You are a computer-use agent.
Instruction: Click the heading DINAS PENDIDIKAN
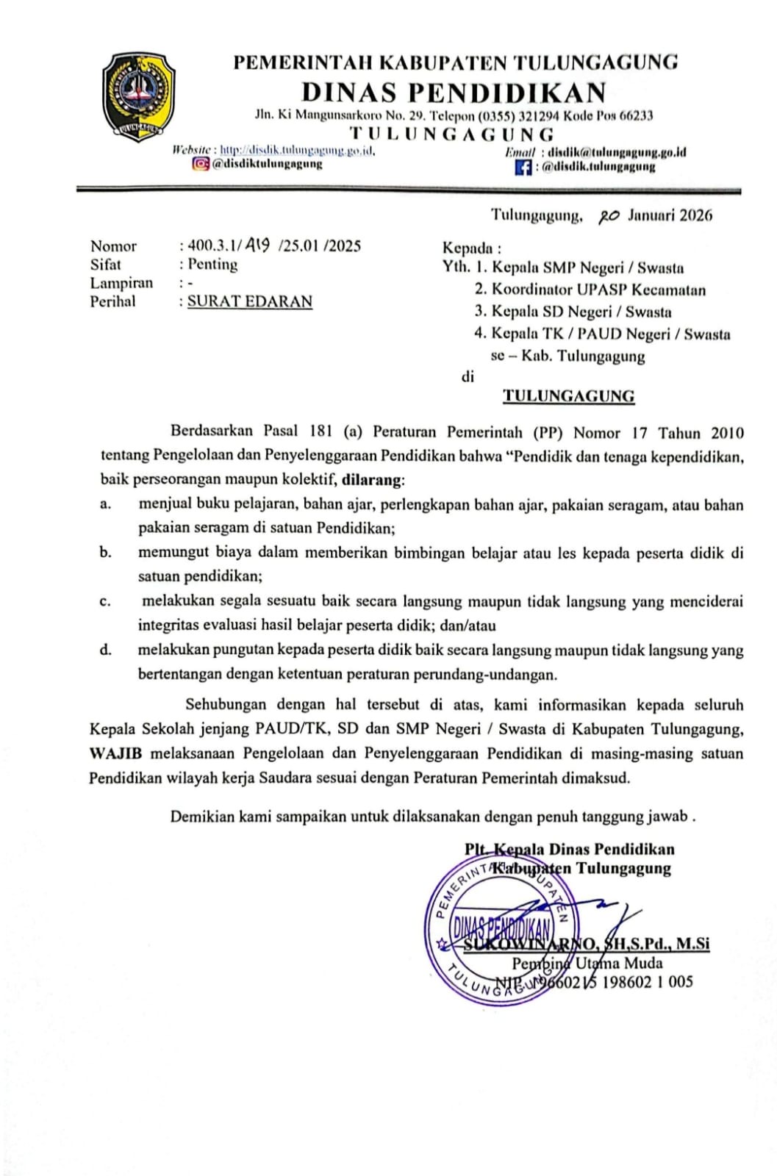(x=454, y=93)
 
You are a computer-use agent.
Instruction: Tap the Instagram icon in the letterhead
(x=200, y=164)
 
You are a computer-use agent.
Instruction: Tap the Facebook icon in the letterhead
(x=523, y=167)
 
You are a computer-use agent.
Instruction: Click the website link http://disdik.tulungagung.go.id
(x=298, y=151)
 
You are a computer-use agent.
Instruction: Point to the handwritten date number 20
(x=609, y=216)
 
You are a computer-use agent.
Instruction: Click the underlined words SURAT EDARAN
(x=250, y=301)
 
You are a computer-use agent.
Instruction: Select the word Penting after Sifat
(x=212, y=265)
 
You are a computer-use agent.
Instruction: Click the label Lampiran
(x=121, y=283)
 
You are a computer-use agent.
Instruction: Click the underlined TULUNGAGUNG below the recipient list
(x=568, y=396)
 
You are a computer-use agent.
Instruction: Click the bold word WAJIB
(x=116, y=754)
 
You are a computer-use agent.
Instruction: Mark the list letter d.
(x=106, y=650)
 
